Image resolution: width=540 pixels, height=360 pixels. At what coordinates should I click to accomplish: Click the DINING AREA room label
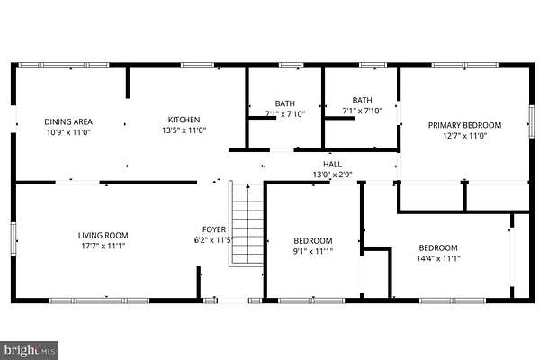pos(68,121)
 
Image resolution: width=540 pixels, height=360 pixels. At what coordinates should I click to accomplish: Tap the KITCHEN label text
pos(184,120)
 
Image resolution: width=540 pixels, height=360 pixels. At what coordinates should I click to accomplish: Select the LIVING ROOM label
pos(103,235)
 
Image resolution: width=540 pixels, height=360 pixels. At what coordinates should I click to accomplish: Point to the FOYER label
pos(214,229)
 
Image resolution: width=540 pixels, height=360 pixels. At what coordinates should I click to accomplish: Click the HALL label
pos(332,164)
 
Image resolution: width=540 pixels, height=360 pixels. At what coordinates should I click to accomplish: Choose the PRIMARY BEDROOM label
pos(464,125)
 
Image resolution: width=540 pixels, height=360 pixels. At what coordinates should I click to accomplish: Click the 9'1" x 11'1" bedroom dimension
pos(312,251)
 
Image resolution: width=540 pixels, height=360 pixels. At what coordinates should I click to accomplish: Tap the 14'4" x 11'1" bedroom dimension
pos(438,258)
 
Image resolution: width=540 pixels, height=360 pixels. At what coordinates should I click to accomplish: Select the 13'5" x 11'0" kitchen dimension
pos(184,130)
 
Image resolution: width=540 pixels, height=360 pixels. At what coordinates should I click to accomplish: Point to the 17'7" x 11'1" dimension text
pos(103,246)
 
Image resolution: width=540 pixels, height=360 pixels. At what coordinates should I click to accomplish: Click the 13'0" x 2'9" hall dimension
pos(332,175)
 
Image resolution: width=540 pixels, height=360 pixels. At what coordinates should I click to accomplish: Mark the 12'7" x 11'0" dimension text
pos(464,136)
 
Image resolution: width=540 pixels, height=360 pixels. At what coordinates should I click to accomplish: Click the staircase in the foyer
pos(247,224)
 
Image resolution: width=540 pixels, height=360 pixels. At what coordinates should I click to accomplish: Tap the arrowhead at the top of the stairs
pos(247,186)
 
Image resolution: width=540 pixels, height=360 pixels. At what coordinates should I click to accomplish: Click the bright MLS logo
pos(30,350)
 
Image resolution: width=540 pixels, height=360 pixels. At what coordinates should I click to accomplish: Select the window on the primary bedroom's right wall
pos(532,122)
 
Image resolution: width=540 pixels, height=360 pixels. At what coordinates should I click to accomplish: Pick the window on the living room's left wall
pos(13,238)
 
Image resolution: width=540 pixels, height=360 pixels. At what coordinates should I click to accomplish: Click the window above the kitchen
pos(198,65)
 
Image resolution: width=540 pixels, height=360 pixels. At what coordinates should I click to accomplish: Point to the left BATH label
pos(284,103)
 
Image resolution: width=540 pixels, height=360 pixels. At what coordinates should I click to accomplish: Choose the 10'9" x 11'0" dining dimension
pos(68,132)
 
